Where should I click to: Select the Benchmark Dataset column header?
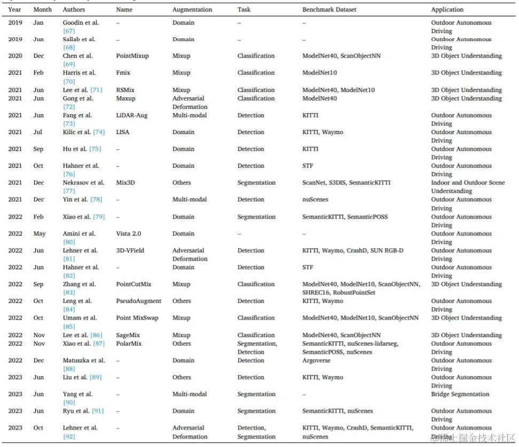pos(329,10)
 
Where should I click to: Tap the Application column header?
pos(447,10)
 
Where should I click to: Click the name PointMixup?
pos(132,56)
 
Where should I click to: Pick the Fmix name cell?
pos(123,73)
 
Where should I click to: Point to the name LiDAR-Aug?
pos(130,115)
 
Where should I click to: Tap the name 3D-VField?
pos(130,250)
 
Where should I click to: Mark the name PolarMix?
pos(129,344)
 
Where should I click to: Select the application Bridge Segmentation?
pos(460,394)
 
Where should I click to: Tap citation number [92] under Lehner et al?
pos(69,436)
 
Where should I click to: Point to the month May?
pos(39,234)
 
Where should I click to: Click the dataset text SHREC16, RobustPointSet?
pos(336,293)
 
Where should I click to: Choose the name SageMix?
pos(128,335)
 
